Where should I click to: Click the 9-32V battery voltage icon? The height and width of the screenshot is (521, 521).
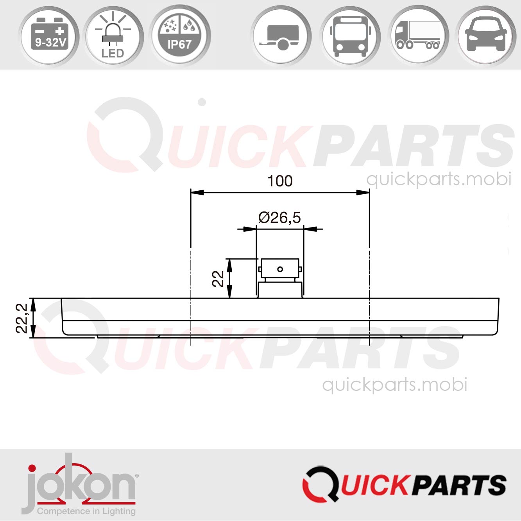[x=50, y=36]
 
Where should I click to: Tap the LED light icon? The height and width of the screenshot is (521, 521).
[x=113, y=36]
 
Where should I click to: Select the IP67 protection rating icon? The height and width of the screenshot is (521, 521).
[x=180, y=36]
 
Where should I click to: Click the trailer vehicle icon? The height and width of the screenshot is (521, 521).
[x=281, y=36]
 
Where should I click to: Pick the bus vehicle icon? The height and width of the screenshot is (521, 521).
[x=349, y=36]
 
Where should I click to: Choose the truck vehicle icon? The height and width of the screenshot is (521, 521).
[x=418, y=36]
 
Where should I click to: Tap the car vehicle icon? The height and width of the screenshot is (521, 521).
[x=486, y=36]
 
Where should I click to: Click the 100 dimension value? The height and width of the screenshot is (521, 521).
[x=280, y=181]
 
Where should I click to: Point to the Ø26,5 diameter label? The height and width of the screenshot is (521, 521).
[x=280, y=218]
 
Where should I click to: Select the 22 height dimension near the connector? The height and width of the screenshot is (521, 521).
[x=218, y=279]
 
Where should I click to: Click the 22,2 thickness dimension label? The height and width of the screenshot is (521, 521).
[x=22, y=318]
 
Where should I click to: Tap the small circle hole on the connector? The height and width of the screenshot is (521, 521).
[x=280, y=269]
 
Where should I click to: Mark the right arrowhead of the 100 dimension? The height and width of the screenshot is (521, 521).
[x=363, y=192]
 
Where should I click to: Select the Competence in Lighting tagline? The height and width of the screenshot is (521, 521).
[x=86, y=511]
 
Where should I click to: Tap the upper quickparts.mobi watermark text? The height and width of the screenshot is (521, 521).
[x=439, y=179]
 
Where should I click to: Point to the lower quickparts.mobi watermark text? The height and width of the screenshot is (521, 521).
[x=394, y=385]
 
